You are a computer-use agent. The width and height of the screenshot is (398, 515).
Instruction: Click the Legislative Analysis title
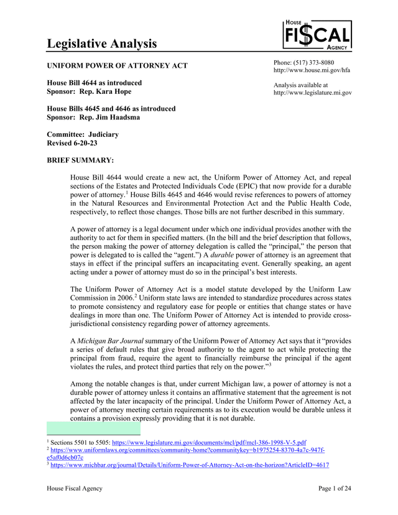pos(102,44)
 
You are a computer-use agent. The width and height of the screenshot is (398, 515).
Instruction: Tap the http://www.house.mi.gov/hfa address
pos(312,70)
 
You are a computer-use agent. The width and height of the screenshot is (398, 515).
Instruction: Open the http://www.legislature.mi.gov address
pos(312,93)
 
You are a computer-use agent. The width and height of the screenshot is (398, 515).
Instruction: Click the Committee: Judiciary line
pos(83,134)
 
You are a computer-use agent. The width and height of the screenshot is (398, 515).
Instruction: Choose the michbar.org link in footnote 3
pos(190,465)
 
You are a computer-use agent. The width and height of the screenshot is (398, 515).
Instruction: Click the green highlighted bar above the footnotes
pos(94,429)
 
